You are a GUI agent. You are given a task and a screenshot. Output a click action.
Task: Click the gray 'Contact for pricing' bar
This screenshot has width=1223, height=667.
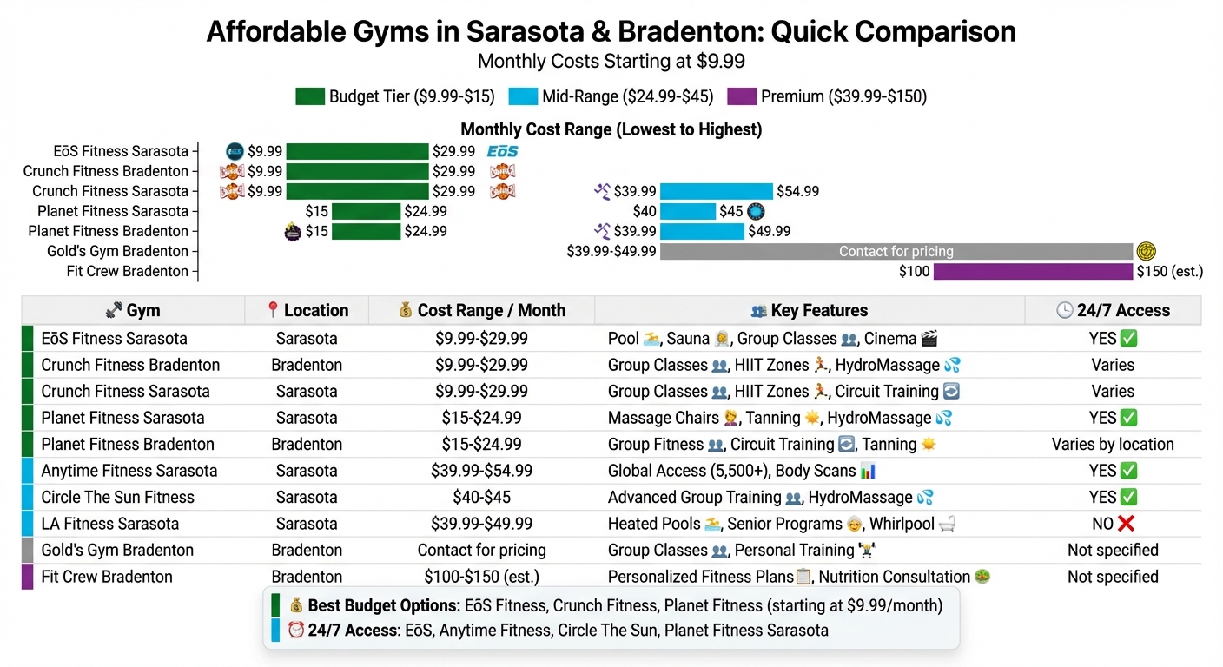pos(896,252)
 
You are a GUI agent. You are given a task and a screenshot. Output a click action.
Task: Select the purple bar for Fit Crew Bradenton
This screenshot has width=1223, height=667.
pos(1033,272)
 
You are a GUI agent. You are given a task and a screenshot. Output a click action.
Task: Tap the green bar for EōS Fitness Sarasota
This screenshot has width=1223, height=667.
pos(357,151)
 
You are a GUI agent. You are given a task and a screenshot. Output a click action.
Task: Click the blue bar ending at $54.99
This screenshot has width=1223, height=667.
pos(716,191)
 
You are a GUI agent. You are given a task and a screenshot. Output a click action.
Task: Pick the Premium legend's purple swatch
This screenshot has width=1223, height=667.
pos(741,96)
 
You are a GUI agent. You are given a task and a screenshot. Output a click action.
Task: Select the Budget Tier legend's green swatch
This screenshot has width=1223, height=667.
pos(309,96)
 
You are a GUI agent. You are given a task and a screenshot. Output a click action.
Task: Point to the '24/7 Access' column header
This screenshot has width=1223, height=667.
pos(1113,310)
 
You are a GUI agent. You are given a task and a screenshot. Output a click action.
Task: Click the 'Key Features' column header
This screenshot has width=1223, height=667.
pos(809,310)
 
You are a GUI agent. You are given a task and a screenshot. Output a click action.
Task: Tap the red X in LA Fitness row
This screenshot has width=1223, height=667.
pos(1127,524)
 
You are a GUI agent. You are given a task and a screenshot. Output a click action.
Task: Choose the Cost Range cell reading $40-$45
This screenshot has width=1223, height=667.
pos(481,497)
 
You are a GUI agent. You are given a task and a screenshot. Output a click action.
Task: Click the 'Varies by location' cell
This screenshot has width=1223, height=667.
pos(1113,444)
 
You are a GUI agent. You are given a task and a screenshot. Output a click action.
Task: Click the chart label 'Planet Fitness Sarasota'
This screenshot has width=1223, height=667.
pos(113,211)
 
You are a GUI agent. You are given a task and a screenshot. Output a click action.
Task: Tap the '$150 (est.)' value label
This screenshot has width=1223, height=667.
pos(1169,272)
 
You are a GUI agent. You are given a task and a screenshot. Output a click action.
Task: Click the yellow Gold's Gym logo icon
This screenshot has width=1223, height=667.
pos(1147,251)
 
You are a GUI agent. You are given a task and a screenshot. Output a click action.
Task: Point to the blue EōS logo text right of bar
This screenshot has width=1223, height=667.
pos(502,151)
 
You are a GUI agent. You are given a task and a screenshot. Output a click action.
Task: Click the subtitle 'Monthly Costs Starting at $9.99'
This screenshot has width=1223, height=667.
pos(611,62)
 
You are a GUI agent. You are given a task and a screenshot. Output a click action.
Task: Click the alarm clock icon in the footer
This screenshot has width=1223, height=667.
pos(295,631)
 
